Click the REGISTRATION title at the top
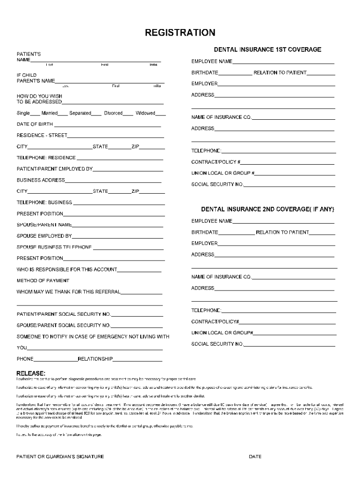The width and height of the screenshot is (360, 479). click(x=180, y=32)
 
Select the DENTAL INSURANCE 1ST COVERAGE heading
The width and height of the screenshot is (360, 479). click(x=267, y=50)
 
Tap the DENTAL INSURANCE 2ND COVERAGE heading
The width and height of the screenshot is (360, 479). click(x=267, y=209)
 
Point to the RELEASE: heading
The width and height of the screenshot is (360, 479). click(x=31, y=373)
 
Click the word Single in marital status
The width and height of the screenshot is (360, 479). click(x=23, y=113)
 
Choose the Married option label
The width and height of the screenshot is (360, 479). click(x=50, y=113)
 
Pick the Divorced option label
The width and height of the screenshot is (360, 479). click(x=113, y=113)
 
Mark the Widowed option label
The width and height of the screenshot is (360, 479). click(x=145, y=113)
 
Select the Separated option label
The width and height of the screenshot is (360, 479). click(x=80, y=113)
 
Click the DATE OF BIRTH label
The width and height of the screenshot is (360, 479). click(x=35, y=124)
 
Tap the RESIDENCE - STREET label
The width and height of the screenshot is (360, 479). click(x=42, y=136)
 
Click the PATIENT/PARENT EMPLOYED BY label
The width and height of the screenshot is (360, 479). click(x=55, y=169)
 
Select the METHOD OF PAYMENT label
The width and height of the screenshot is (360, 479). click(x=43, y=281)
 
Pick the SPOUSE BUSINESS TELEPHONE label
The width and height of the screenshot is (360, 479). click(x=54, y=247)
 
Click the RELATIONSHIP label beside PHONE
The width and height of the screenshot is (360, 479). click(x=95, y=359)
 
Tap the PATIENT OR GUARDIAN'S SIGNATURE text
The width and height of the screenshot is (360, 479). click(x=60, y=457)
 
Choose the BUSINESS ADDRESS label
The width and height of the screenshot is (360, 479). click(x=41, y=180)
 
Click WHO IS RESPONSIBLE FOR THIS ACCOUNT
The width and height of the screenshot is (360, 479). click(x=67, y=269)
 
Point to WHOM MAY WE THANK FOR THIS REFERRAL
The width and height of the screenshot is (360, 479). click(x=68, y=292)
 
